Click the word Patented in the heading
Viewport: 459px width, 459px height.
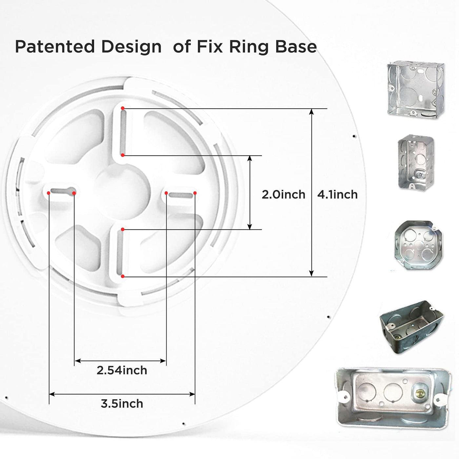55,47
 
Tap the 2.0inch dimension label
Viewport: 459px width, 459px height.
284,195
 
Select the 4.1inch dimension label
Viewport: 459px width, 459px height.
337,195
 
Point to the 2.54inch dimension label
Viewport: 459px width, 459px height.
122,370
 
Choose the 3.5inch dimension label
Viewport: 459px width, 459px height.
122,404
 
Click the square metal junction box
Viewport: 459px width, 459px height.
416,90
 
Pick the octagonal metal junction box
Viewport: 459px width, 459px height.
418,245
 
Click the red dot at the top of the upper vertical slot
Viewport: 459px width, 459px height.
122,108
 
